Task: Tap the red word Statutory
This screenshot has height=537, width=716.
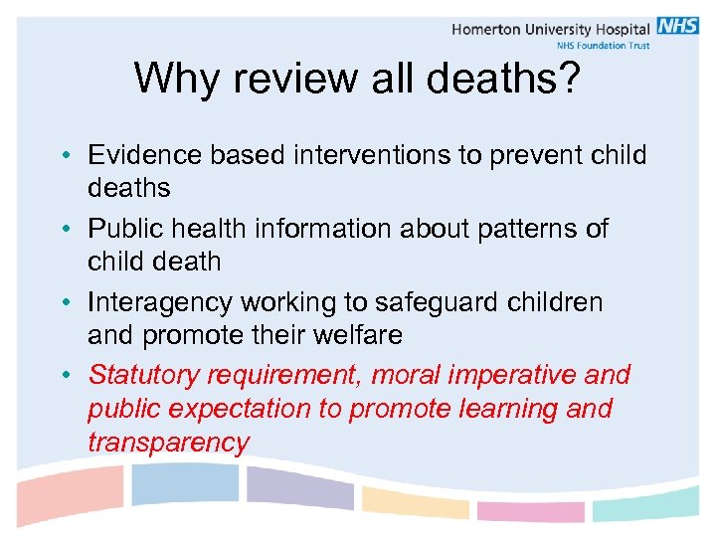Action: [x=148, y=375]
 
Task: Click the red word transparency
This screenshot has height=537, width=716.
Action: [x=168, y=443]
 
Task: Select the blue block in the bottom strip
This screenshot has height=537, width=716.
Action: [x=185, y=483]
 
